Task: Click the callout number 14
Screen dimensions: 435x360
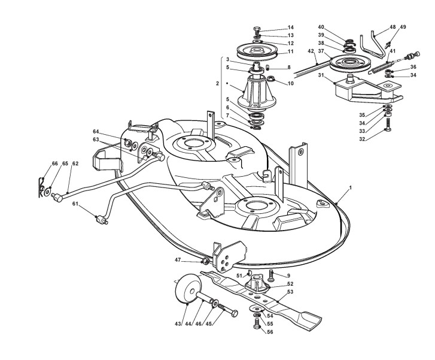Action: [x=290, y=28]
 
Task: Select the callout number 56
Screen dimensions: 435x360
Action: [x=270, y=332]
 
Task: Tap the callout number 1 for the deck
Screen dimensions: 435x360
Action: [x=351, y=187]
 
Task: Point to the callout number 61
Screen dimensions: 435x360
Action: [x=75, y=204]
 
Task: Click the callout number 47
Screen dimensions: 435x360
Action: [x=178, y=260]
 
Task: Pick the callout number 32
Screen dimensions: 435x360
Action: [x=362, y=139]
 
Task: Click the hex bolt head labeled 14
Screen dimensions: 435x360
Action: [x=257, y=29]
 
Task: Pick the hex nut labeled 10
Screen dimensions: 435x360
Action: [x=271, y=79]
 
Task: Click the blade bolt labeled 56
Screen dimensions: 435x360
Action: [x=257, y=324]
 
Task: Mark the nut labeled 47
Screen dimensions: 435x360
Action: [x=205, y=261]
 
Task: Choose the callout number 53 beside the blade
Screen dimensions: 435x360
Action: [x=290, y=292]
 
